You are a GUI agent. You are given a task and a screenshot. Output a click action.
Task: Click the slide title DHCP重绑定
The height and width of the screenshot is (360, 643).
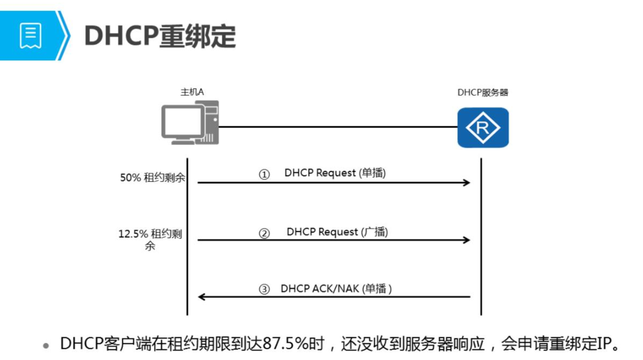tap(160, 36)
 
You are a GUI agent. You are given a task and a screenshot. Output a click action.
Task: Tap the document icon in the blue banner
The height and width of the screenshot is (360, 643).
tap(31, 36)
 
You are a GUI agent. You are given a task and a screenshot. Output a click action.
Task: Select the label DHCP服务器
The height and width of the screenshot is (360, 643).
tap(483, 93)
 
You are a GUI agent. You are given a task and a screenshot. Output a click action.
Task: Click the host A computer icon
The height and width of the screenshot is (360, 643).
tap(190, 123)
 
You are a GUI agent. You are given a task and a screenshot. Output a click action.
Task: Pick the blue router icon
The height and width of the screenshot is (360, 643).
tap(483, 127)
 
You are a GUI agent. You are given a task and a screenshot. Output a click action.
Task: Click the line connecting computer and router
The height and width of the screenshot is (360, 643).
tap(338, 127)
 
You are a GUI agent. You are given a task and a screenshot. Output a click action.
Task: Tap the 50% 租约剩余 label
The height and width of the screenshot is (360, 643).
tap(153, 178)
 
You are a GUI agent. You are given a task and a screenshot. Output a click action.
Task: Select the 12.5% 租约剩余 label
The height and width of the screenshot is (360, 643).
tap(150, 239)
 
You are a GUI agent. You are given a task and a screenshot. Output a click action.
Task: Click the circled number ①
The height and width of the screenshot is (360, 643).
tap(264, 174)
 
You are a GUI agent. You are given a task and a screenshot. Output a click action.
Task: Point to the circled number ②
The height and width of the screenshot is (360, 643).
tap(264, 233)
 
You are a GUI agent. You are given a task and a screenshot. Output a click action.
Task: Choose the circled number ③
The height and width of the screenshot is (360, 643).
tap(264, 289)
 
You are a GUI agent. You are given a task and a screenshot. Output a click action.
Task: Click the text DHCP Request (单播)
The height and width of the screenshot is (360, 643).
tap(335, 173)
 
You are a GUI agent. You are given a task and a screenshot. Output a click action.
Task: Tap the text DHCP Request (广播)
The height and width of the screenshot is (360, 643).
tap(337, 231)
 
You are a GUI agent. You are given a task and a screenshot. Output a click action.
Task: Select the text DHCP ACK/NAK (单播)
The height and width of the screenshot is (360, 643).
tap(336, 288)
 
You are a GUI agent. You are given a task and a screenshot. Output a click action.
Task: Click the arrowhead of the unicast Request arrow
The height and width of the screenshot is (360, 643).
tap(467, 182)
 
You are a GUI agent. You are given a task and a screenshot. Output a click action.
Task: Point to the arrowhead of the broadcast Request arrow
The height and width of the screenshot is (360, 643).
tap(467, 240)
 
